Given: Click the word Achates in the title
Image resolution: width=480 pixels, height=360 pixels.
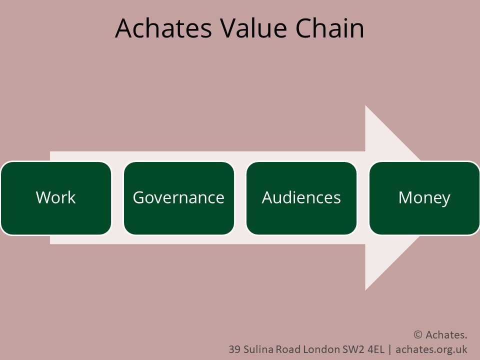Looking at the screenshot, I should (163, 28).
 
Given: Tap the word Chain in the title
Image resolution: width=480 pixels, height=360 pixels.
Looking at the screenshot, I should (329, 28).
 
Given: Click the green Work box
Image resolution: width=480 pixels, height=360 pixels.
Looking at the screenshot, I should (56, 198).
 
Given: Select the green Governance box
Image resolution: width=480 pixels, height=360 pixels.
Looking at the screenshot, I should (178, 198).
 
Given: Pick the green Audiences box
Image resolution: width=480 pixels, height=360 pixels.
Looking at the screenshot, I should (301, 198).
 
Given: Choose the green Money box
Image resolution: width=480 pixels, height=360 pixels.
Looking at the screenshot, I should (424, 198).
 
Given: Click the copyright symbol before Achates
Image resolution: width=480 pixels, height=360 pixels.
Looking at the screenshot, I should (418, 334).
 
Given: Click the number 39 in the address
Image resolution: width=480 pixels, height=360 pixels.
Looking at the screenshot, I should (234, 349).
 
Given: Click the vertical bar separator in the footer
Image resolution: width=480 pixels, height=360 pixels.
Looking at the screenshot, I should (389, 349).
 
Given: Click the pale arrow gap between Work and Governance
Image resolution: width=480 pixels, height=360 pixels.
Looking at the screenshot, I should (117, 198).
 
